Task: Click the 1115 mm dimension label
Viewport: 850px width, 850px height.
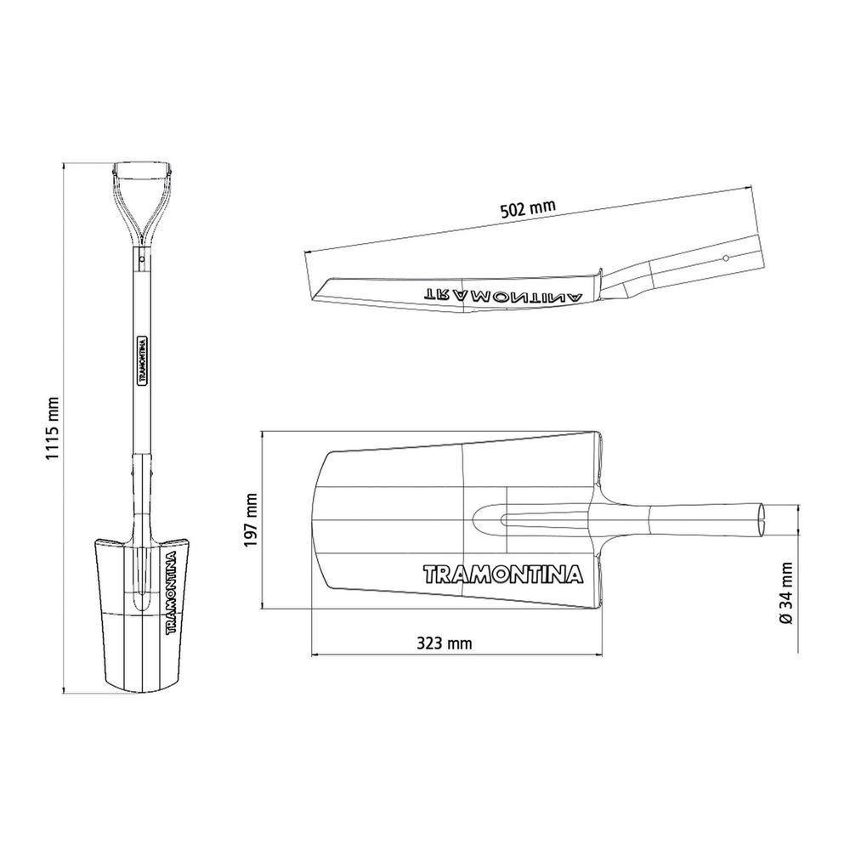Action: (x=52, y=428)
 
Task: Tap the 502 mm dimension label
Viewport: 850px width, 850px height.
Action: (x=528, y=208)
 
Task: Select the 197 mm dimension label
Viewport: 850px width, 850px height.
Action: (x=251, y=520)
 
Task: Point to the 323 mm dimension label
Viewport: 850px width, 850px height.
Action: (x=444, y=643)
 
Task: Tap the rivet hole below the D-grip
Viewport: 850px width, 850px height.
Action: (x=141, y=259)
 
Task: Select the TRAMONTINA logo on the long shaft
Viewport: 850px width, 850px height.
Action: (x=142, y=360)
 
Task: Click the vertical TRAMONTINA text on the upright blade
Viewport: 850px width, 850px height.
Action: (x=171, y=592)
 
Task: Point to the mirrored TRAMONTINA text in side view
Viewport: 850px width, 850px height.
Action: (x=502, y=295)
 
